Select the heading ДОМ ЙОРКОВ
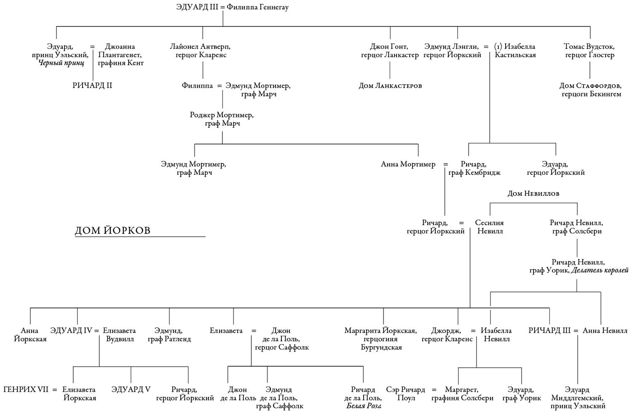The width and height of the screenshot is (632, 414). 112,230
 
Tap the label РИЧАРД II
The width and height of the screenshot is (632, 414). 92,85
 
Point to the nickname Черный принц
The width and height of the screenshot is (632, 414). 62,63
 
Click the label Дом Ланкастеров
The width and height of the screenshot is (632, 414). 390,85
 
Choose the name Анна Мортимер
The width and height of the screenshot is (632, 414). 408,164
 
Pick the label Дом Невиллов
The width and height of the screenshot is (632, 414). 533,193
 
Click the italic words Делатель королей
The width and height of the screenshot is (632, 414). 600,270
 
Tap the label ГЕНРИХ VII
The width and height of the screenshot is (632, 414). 25,390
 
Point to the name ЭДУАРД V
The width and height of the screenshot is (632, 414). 131,390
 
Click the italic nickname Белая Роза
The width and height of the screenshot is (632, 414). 364,406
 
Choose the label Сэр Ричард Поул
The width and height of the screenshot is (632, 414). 406,394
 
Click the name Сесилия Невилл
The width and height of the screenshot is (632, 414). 490,227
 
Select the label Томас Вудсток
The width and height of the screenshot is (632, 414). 589,46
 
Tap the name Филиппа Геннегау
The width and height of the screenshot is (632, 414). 257,7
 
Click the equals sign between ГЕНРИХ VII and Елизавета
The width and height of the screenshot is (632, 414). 55,390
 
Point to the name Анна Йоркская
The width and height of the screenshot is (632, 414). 30,335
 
